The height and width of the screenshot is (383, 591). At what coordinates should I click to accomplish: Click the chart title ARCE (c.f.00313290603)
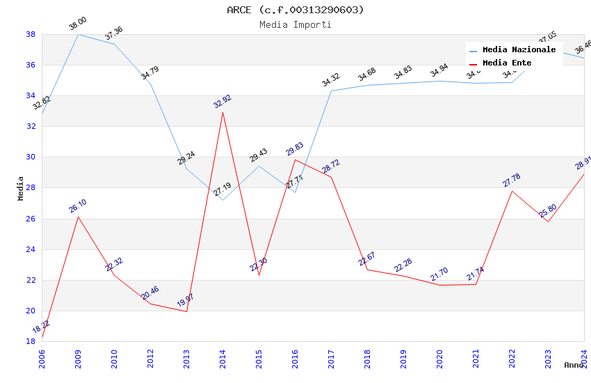(295, 10)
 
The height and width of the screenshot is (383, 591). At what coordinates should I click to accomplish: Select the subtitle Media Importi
(295, 25)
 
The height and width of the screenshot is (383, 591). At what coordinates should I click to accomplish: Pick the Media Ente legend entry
(507, 63)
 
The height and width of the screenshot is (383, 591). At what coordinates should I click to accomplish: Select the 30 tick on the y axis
(31, 157)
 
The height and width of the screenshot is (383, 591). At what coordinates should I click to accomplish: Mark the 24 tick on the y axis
(31, 249)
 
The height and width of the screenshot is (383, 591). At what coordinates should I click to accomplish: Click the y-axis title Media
(21, 188)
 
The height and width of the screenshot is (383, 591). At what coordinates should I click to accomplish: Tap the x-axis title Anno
(574, 365)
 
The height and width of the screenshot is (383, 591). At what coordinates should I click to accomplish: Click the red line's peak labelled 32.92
(222, 112)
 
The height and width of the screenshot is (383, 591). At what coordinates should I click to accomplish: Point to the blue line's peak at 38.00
(78, 34)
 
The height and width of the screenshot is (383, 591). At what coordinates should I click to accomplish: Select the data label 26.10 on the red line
(78, 206)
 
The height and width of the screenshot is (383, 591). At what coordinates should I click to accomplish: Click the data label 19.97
(186, 301)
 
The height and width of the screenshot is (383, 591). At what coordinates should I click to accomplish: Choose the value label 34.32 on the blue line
(331, 80)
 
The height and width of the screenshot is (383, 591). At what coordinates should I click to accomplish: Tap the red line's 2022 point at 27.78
(512, 191)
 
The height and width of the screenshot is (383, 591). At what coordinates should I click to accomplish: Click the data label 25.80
(548, 210)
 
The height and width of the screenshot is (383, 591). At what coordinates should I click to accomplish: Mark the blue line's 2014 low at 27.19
(222, 200)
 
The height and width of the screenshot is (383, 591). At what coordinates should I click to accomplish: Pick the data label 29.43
(259, 155)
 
